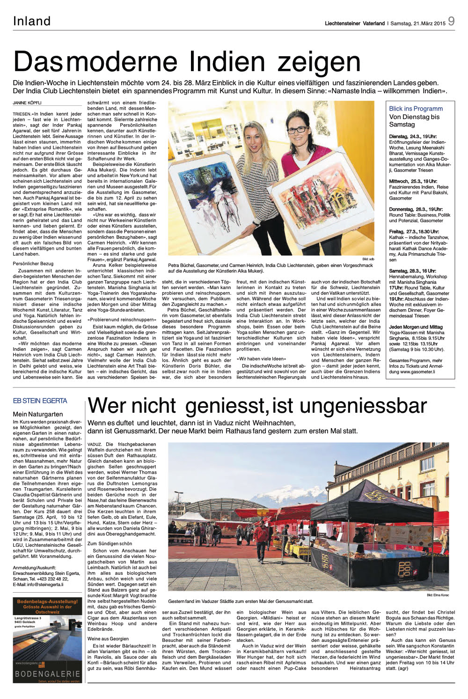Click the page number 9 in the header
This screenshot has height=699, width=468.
tap(451, 21)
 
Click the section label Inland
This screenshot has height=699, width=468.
tap(32, 21)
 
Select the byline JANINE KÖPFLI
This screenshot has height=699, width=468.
tap(27, 103)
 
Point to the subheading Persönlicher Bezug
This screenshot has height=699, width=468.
tap(33, 264)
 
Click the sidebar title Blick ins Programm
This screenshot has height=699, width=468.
tap(416, 109)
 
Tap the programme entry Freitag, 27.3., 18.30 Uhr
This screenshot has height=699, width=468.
tap(414, 232)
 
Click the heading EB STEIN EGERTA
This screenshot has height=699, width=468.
tap(40, 401)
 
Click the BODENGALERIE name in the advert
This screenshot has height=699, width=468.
tap(47, 674)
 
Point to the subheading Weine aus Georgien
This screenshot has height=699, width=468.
tap(108, 639)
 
